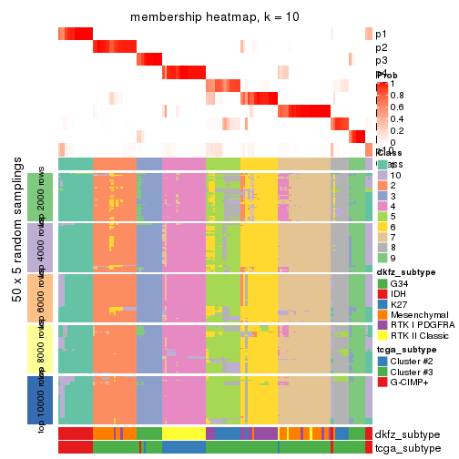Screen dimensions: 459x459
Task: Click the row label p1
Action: pos(380,35)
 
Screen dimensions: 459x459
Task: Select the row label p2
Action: pos(380,47)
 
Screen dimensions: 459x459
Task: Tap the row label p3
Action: pos(380,61)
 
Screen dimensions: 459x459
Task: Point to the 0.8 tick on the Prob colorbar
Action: pos(394,95)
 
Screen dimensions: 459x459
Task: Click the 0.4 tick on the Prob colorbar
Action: pos(394,118)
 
